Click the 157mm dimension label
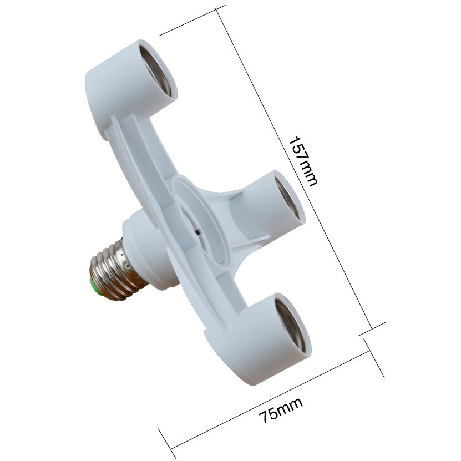303,161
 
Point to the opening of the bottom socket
289,324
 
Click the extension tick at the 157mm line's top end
192,21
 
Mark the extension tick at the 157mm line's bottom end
372,328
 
